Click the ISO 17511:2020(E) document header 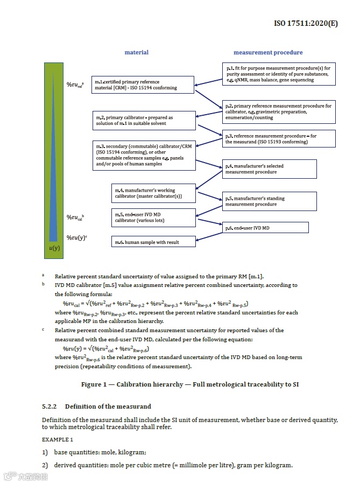coord(306,24)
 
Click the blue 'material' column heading coord(136,53)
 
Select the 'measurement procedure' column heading coord(267,53)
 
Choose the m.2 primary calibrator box coord(142,121)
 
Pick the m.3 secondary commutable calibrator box coord(142,155)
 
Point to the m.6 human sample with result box coord(153,242)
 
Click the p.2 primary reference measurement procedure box coord(278,111)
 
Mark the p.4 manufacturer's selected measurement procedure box coord(269,169)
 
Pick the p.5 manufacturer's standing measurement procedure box coord(269,201)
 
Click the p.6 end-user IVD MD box coord(265,228)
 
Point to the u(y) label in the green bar coord(54,248)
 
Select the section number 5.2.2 coord(50,406)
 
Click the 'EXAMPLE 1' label coord(57,440)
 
